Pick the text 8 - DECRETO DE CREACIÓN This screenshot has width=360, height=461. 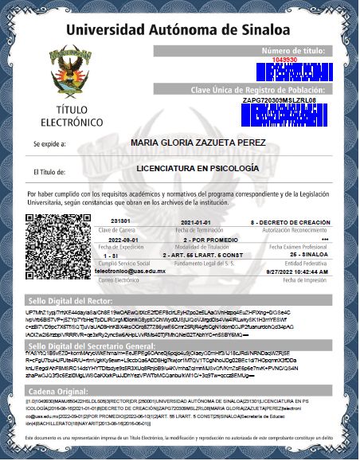point(290,221)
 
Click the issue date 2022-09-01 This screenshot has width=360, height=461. point(123,239)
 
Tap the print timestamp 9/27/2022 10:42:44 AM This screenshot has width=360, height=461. point(299,272)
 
